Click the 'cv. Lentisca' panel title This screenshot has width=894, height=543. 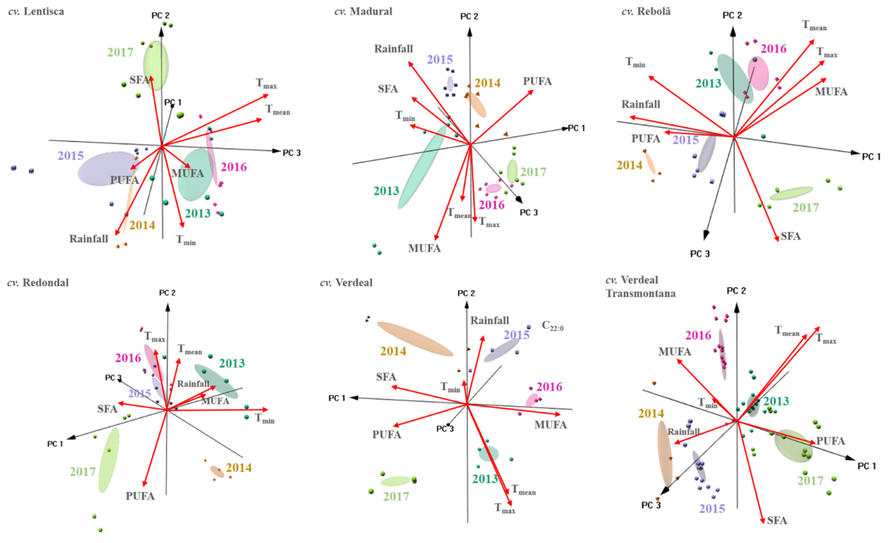(x=36, y=12)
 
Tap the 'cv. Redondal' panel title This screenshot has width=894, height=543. (x=38, y=283)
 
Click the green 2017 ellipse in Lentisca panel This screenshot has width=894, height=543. (x=156, y=65)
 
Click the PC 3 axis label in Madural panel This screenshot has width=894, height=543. (x=529, y=213)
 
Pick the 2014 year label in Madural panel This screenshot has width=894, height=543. (x=487, y=83)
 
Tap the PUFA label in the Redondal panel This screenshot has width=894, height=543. (x=140, y=496)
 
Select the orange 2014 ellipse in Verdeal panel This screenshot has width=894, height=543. (x=415, y=339)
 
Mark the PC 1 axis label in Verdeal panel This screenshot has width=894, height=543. (x=336, y=398)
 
